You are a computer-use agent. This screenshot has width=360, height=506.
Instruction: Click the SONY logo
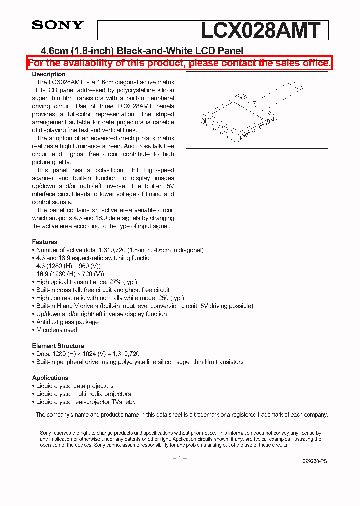pyautogui.click(x=58, y=25)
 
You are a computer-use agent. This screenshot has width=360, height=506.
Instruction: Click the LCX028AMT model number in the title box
pyautogui.click(x=259, y=30)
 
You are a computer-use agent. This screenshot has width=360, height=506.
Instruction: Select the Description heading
pyautogui.click(x=49, y=74)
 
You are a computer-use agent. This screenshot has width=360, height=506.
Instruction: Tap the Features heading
pyautogui.click(x=45, y=242)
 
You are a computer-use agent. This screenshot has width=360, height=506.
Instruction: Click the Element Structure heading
pyautogui.click(x=58, y=346)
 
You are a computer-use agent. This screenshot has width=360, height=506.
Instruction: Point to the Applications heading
pyautogui.click(x=50, y=378)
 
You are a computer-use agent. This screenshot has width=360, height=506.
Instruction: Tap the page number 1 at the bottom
pyautogui.click(x=180, y=458)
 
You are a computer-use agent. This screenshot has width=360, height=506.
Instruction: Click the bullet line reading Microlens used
pyautogui.click(x=56, y=330)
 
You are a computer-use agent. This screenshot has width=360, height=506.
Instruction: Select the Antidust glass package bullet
pyautogui.click(x=67, y=322)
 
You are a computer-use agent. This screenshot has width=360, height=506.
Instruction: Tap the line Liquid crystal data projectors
pyautogui.click(x=75, y=386)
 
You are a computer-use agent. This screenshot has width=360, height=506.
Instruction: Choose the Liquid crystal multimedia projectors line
pyautogui.click(x=83, y=394)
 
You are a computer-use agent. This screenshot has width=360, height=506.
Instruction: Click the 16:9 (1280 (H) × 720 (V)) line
pyautogui.click(x=70, y=274)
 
